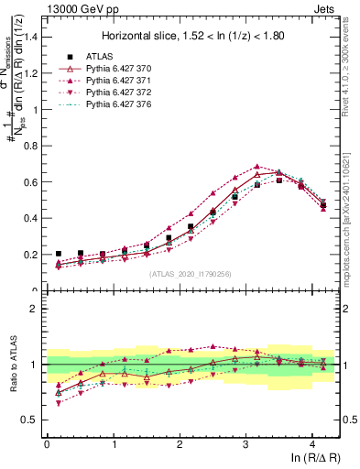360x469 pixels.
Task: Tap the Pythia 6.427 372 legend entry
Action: (128, 93)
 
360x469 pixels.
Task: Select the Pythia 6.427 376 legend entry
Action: (128, 106)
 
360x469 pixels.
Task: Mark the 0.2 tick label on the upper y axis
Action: (30, 255)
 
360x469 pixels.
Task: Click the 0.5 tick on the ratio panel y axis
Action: (30, 420)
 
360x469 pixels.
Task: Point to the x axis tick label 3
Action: (245, 444)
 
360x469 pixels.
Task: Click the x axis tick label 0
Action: (47, 444)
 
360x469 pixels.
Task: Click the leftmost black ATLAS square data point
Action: (58, 254)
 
